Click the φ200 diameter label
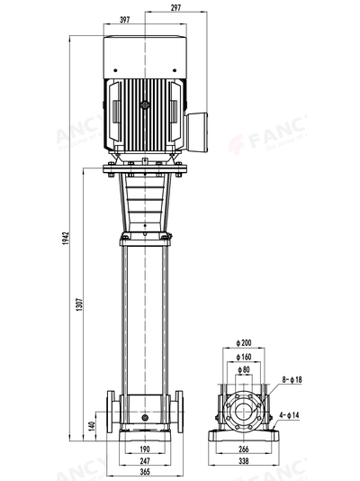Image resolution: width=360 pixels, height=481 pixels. pyautogui.click(x=244, y=344)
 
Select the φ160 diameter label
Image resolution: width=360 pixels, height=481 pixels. pyautogui.click(x=244, y=357)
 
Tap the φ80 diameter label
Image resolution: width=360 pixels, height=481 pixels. pyautogui.click(x=244, y=369)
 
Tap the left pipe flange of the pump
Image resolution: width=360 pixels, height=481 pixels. pyautogui.click(x=111, y=413)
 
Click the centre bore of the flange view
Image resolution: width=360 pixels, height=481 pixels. pyautogui.click(x=244, y=412)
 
